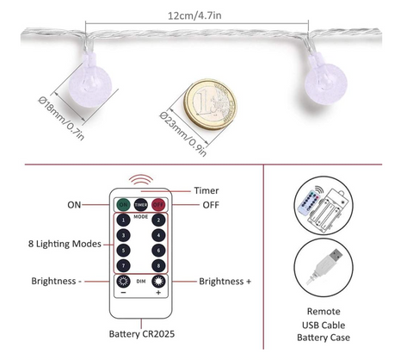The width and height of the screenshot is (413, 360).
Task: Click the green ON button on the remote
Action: [123, 205]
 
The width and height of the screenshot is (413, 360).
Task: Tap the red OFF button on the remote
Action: [158, 205]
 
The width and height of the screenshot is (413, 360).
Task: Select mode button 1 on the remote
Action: [123, 220]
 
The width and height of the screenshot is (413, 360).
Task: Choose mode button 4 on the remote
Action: [158, 235]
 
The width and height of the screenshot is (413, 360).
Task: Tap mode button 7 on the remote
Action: [123, 265]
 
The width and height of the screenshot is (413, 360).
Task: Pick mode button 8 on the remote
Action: [158, 265]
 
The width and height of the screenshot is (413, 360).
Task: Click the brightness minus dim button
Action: [123, 282]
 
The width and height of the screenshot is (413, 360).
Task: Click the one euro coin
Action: [211, 105]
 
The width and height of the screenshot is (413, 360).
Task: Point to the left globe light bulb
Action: [90, 82]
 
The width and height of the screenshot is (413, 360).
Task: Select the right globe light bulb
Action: [325, 79]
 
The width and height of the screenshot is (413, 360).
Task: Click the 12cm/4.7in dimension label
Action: [194, 16]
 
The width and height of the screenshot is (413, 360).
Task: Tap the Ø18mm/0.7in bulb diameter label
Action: [61, 118]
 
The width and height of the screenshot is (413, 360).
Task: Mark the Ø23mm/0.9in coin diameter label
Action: [182, 133]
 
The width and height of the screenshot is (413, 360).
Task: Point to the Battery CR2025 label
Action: [142, 334]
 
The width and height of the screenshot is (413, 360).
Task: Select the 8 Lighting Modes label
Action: [65, 244]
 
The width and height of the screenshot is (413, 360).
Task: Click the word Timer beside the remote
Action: [206, 190]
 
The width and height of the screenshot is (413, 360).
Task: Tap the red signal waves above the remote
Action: [141, 179]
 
